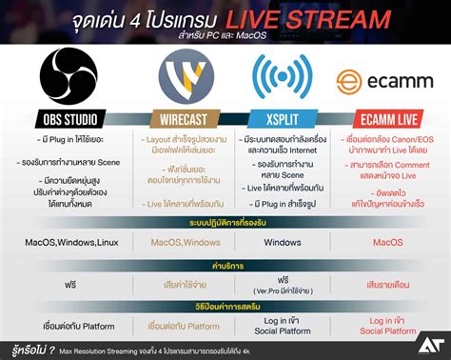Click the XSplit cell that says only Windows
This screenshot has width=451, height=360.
coord(281,242)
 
